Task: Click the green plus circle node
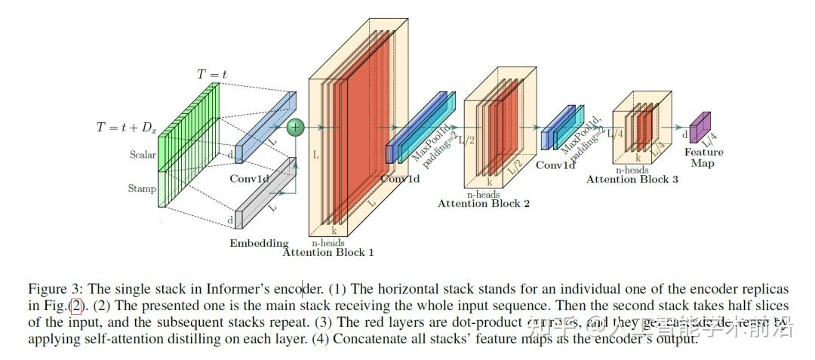click(296, 128)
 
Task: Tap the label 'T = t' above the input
click(211, 74)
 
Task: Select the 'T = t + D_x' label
click(126, 128)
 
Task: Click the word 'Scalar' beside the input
click(142, 155)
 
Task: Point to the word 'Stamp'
click(142, 189)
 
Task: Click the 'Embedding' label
click(259, 243)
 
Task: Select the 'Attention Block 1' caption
click(328, 252)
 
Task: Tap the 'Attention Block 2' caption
click(483, 203)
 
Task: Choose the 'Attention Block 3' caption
click(632, 179)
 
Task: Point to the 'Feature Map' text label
click(703, 157)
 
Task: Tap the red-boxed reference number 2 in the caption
click(75, 306)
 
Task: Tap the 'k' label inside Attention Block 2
click(489, 182)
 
